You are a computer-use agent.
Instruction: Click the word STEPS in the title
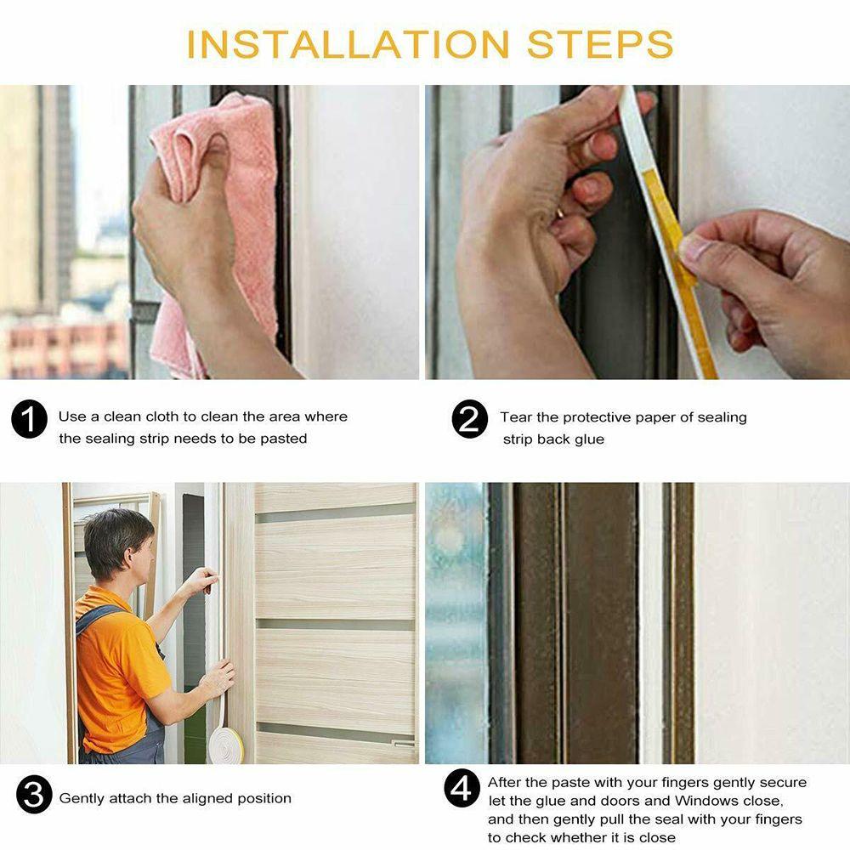(x=600, y=44)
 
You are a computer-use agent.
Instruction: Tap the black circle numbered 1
(x=29, y=421)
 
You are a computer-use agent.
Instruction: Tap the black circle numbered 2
(x=470, y=421)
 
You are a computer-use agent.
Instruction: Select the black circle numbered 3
(x=33, y=797)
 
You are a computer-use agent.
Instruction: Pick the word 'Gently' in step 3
(x=82, y=798)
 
